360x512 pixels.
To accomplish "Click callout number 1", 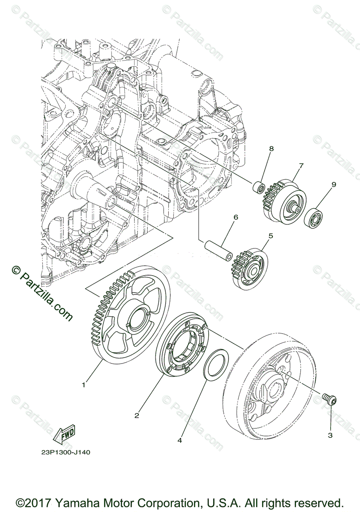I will tap(84, 384).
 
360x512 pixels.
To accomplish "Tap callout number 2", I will tap(137, 415).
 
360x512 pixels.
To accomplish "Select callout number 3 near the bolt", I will tap(330, 435).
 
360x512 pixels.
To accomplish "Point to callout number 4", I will tap(180, 440).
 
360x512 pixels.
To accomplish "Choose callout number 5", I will tap(270, 236).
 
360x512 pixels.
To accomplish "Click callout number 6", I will tap(235, 217).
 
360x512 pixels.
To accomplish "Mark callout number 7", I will tap(301, 166).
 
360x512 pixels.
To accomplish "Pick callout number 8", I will tap(271, 148).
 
